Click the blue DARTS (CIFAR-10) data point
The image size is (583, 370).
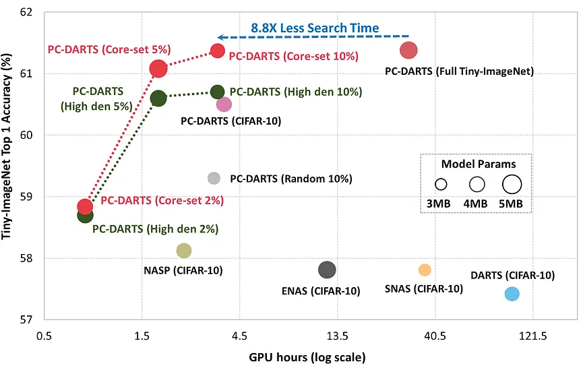tap(512, 294)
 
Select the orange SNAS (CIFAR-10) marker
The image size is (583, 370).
tap(425, 270)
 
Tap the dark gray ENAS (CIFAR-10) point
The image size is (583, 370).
tap(327, 270)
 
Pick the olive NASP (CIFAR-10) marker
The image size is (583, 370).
tap(183, 251)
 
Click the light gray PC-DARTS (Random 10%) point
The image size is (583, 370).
tap(214, 178)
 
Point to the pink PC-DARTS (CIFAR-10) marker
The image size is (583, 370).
tap(224, 104)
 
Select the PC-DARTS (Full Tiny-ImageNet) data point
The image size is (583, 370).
tap(408, 50)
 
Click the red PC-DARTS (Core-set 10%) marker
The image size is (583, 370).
tap(218, 51)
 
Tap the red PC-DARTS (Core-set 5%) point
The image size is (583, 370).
tap(158, 68)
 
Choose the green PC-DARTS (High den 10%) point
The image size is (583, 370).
tap(217, 92)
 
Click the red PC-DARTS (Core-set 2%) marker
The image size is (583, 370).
tap(85, 206)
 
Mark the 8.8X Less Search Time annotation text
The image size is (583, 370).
tap(315, 28)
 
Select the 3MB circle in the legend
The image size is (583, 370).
tap(441, 184)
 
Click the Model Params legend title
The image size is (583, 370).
tap(478, 164)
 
